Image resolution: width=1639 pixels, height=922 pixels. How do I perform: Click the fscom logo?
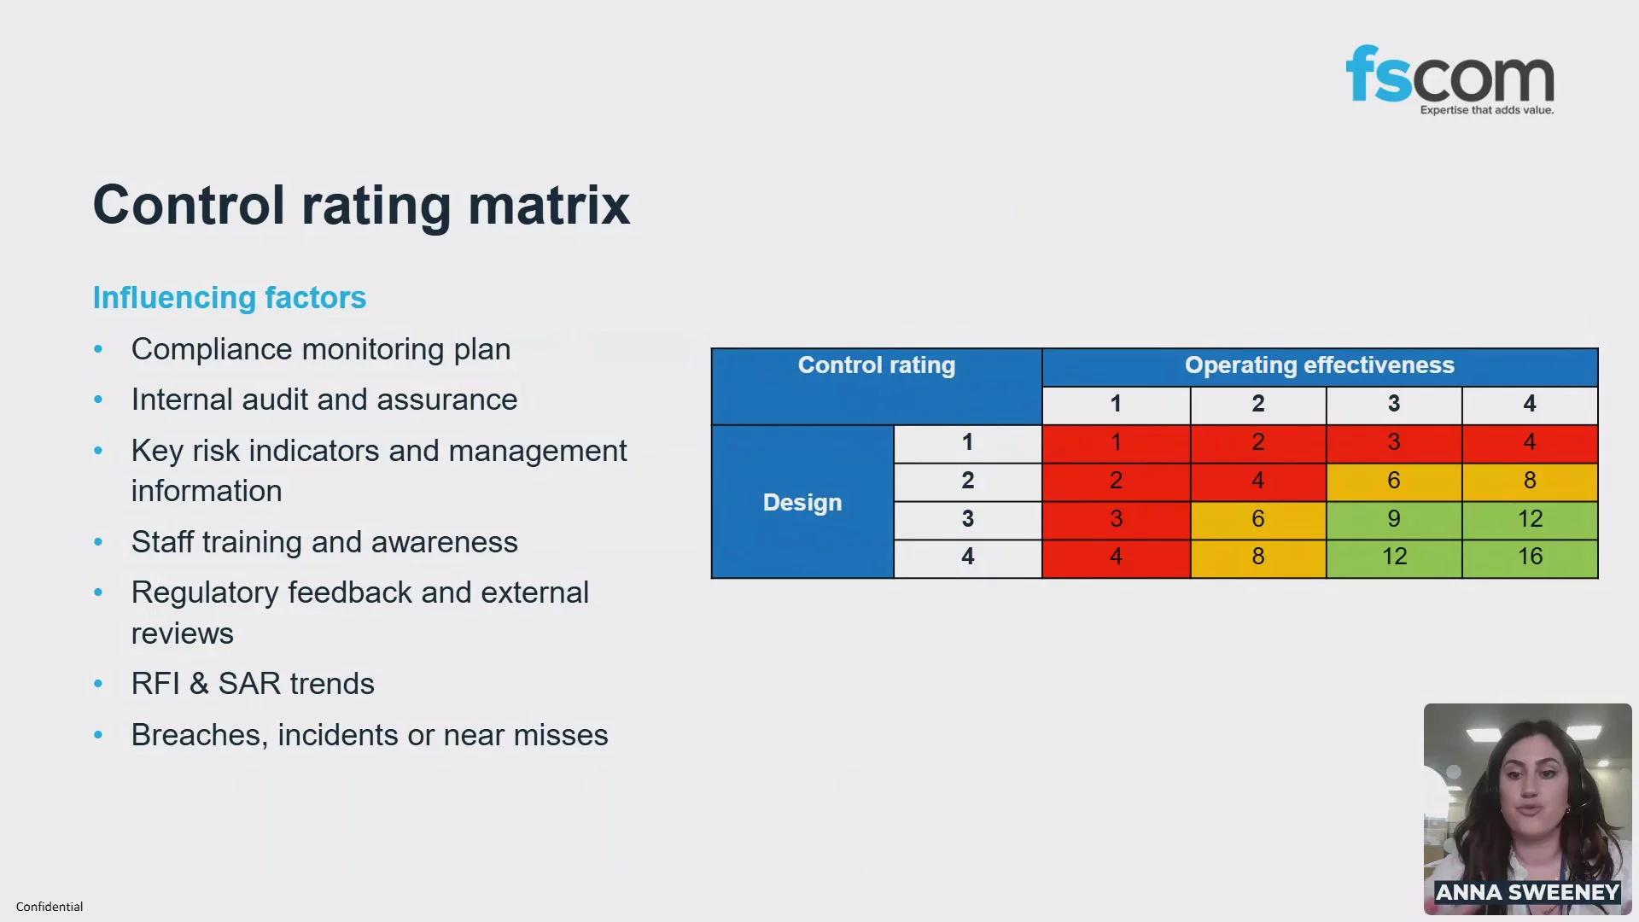point(1449,79)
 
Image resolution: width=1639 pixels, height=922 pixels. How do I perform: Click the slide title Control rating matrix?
point(361,205)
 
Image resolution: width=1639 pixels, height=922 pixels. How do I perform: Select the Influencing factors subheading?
point(230,297)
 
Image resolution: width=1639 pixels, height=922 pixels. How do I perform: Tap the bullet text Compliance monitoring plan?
point(321,349)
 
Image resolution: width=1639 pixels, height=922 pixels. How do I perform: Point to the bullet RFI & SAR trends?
point(253,684)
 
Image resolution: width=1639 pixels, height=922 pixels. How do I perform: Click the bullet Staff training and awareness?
point(324,542)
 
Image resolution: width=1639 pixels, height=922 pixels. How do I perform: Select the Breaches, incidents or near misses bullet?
point(370,735)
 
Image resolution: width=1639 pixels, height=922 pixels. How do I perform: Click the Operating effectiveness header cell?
point(1320,366)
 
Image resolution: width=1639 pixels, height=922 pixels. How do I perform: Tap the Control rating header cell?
point(877,386)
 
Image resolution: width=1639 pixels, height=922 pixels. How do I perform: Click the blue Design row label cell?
point(802,502)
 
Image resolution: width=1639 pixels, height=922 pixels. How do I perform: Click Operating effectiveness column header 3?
point(1394,405)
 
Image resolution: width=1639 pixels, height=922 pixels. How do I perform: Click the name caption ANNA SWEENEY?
point(1527,892)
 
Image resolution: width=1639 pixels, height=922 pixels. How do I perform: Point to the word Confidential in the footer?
point(50,907)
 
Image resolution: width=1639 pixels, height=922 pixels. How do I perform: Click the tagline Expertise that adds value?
point(1487,110)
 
